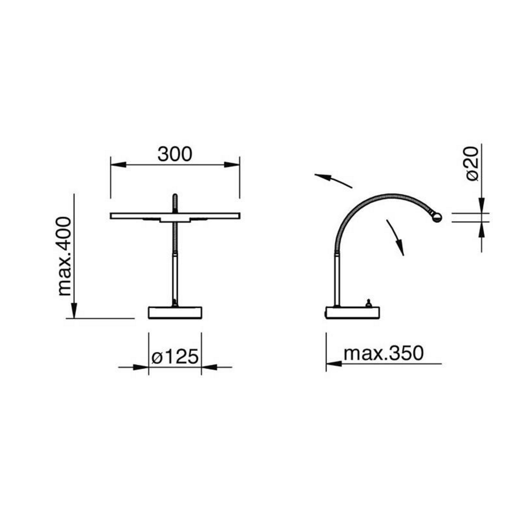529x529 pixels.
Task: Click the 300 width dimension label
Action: [175, 154]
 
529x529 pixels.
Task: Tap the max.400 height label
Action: [65, 256]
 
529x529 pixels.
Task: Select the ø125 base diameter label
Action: [175, 357]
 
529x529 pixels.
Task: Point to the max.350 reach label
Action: [383, 353]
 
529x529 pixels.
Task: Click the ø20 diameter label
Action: [472, 163]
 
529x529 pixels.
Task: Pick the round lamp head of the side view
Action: [437, 217]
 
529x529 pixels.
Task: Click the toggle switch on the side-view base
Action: [369, 303]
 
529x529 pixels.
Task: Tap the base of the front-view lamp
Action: [175, 313]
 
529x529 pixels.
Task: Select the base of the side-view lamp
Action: [352, 313]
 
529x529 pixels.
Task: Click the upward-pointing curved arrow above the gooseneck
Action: [332, 179]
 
